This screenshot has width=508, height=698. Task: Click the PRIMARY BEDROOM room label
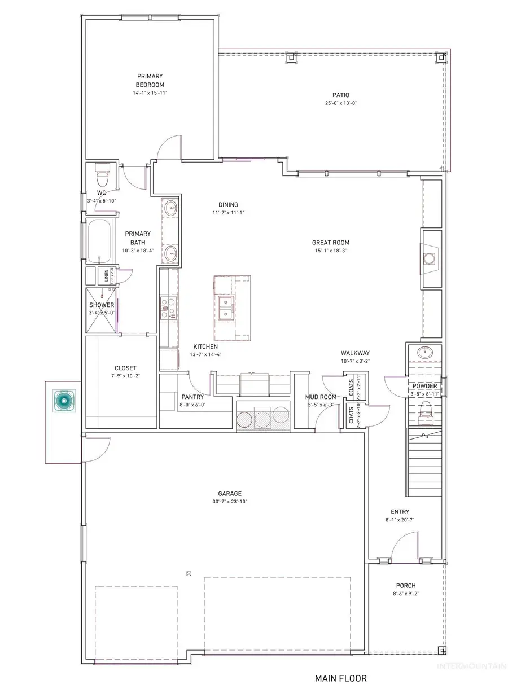pos(150,80)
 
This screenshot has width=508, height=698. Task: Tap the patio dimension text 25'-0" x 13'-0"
pos(340,103)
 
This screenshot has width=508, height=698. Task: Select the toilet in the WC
pos(102,175)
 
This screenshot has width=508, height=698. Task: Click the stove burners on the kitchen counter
pos(165,305)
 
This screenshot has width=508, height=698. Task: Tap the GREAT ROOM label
pos(331,243)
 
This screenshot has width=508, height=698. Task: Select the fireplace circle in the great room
pos(430,258)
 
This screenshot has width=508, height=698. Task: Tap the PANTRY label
pos(192,397)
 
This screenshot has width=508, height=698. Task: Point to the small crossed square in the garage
pos(189,574)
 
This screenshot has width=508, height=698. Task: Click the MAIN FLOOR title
pos(340,677)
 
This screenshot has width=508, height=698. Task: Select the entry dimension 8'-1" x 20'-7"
pos(396,520)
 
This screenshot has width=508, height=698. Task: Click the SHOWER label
pos(101,305)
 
